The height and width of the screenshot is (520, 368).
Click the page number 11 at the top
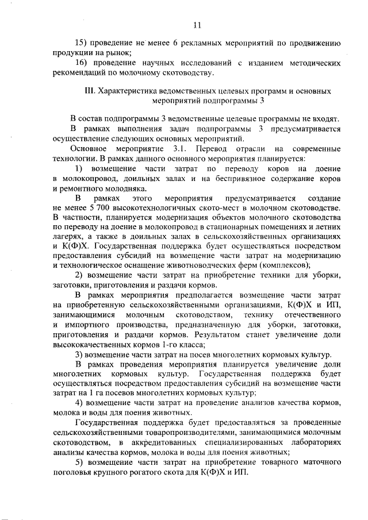[197, 25]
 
